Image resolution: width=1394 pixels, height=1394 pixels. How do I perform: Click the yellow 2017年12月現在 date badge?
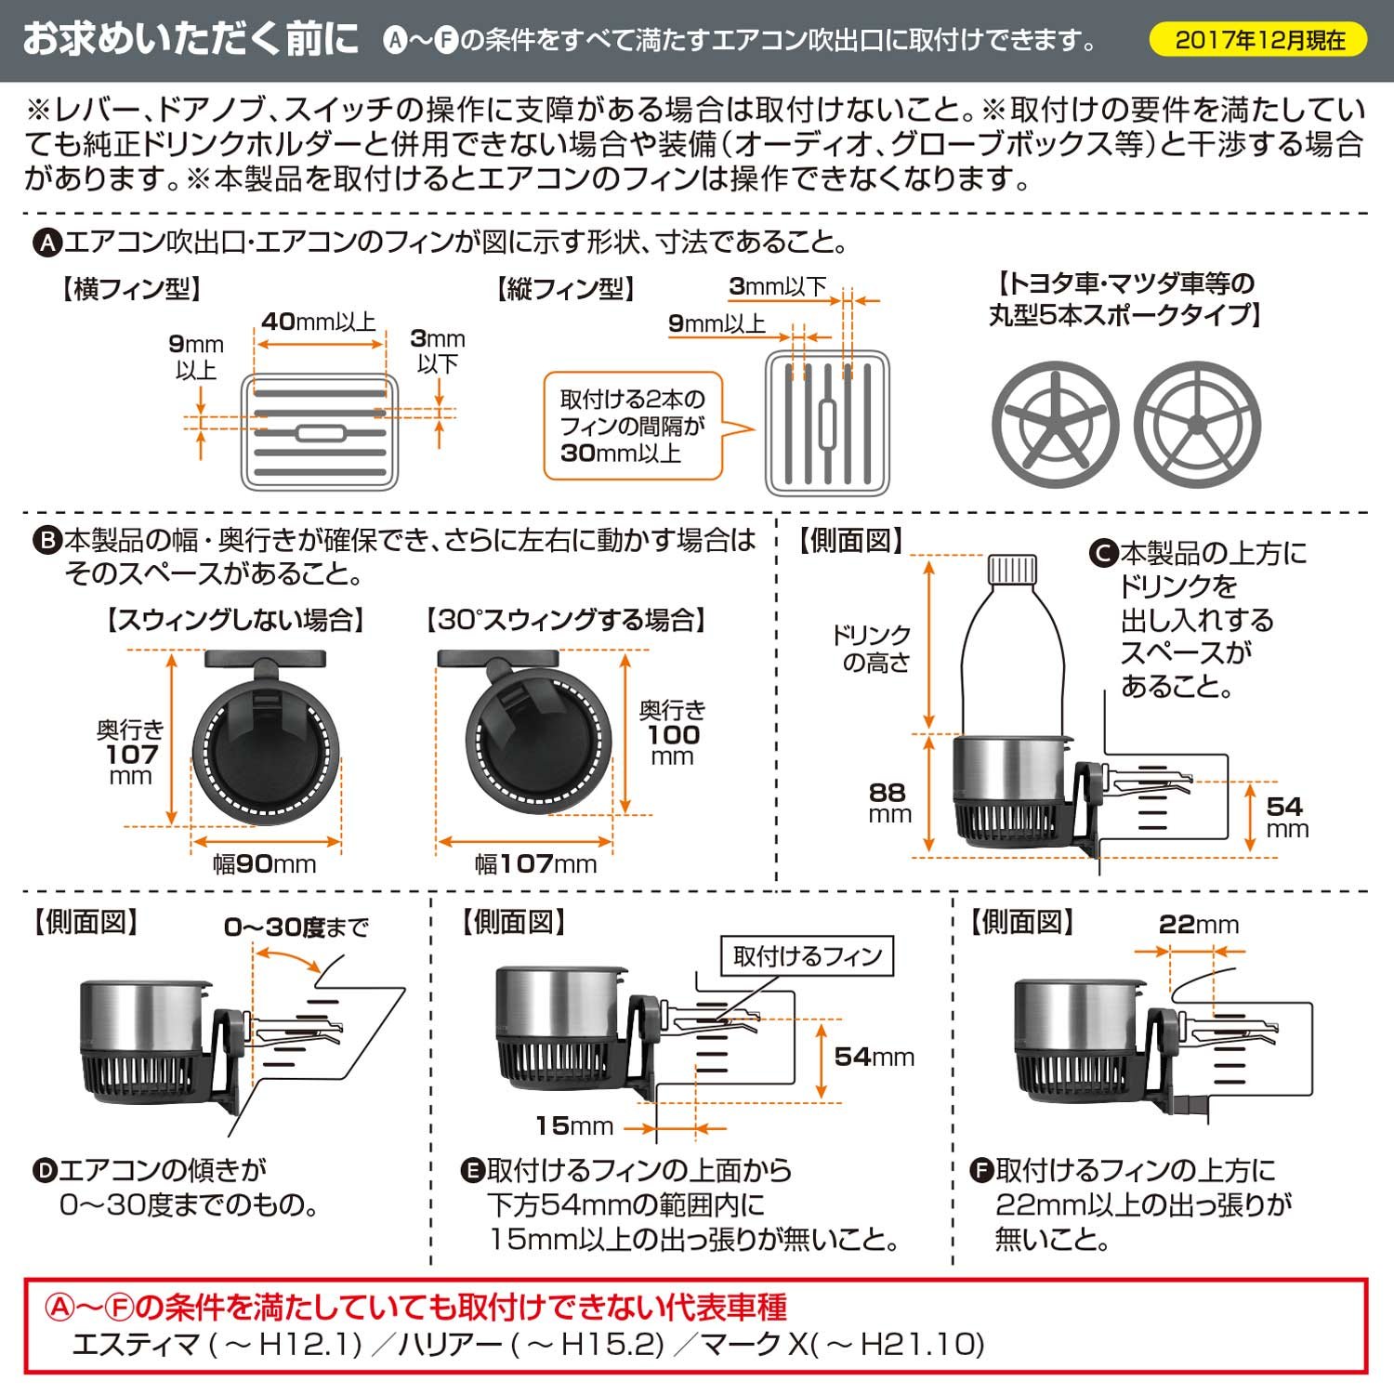pyautogui.click(x=1258, y=40)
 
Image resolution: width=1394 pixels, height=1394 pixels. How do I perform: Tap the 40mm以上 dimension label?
pyautogui.click(x=319, y=322)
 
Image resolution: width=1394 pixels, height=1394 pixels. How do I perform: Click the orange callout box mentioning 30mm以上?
pyautogui.click(x=632, y=427)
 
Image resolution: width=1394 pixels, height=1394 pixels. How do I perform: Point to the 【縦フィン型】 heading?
pyautogui.click(x=565, y=289)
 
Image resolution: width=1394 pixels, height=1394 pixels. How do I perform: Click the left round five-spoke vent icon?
pyautogui.click(x=1055, y=425)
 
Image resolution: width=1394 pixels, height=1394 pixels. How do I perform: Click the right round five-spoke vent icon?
pyautogui.click(x=1197, y=425)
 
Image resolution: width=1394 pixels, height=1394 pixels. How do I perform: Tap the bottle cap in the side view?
pyautogui.click(x=1011, y=568)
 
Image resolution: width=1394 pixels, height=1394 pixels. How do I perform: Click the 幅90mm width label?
pyautogui.click(x=265, y=864)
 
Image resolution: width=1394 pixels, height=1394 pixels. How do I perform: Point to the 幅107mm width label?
pyautogui.click(x=536, y=864)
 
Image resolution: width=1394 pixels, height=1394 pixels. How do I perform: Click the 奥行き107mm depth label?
pyautogui.click(x=130, y=753)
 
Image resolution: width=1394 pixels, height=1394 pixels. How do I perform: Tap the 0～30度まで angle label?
pyautogui.click(x=296, y=927)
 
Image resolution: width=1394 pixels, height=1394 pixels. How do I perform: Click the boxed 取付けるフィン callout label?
pyautogui.click(x=807, y=956)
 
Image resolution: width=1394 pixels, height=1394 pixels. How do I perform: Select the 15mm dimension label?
pyautogui.click(x=573, y=1126)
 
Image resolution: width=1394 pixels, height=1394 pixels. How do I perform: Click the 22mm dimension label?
pyautogui.click(x=1198, y=925)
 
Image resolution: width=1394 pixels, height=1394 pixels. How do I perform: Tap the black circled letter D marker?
pyautogui.click(x=45, y=1170)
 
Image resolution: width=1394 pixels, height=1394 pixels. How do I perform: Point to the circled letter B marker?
pyautogui.click(x=46, y=541)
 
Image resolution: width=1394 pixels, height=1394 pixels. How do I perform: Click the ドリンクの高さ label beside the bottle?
pyautogui.click(x=872, y=649)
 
